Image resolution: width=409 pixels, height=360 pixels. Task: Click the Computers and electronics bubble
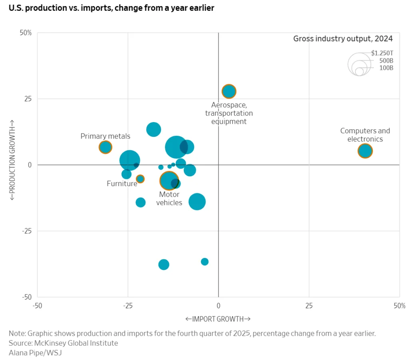tap(365, 151)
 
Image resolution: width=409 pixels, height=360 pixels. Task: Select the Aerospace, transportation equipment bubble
tap(229, 91)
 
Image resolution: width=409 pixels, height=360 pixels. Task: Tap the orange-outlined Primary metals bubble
tap(105, 147)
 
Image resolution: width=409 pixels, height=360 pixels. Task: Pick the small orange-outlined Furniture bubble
tap(140, 179)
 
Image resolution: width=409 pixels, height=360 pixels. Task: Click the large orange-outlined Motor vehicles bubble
tap(169, 180)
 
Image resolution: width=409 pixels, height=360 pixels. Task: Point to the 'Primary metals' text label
tap(105, 136)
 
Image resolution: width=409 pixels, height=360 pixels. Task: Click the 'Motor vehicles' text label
tap(169, 198)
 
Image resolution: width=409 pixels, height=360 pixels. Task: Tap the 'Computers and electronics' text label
tap(365, 135)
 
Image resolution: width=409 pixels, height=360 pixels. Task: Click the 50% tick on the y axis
tap(26, 33)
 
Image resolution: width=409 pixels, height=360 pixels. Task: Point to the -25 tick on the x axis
tap(128, 306)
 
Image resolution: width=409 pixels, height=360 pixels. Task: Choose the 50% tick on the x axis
tap(399, 306)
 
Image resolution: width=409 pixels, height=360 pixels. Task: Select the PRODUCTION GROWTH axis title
tap(12, 160)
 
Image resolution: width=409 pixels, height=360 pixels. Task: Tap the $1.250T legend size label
tap(382, 53)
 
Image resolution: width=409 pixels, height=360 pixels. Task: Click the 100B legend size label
tap(386, 68)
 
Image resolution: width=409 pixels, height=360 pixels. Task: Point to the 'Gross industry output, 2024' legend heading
tap(343, 39)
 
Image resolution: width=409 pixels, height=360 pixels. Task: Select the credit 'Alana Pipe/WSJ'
tap(35, 352)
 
